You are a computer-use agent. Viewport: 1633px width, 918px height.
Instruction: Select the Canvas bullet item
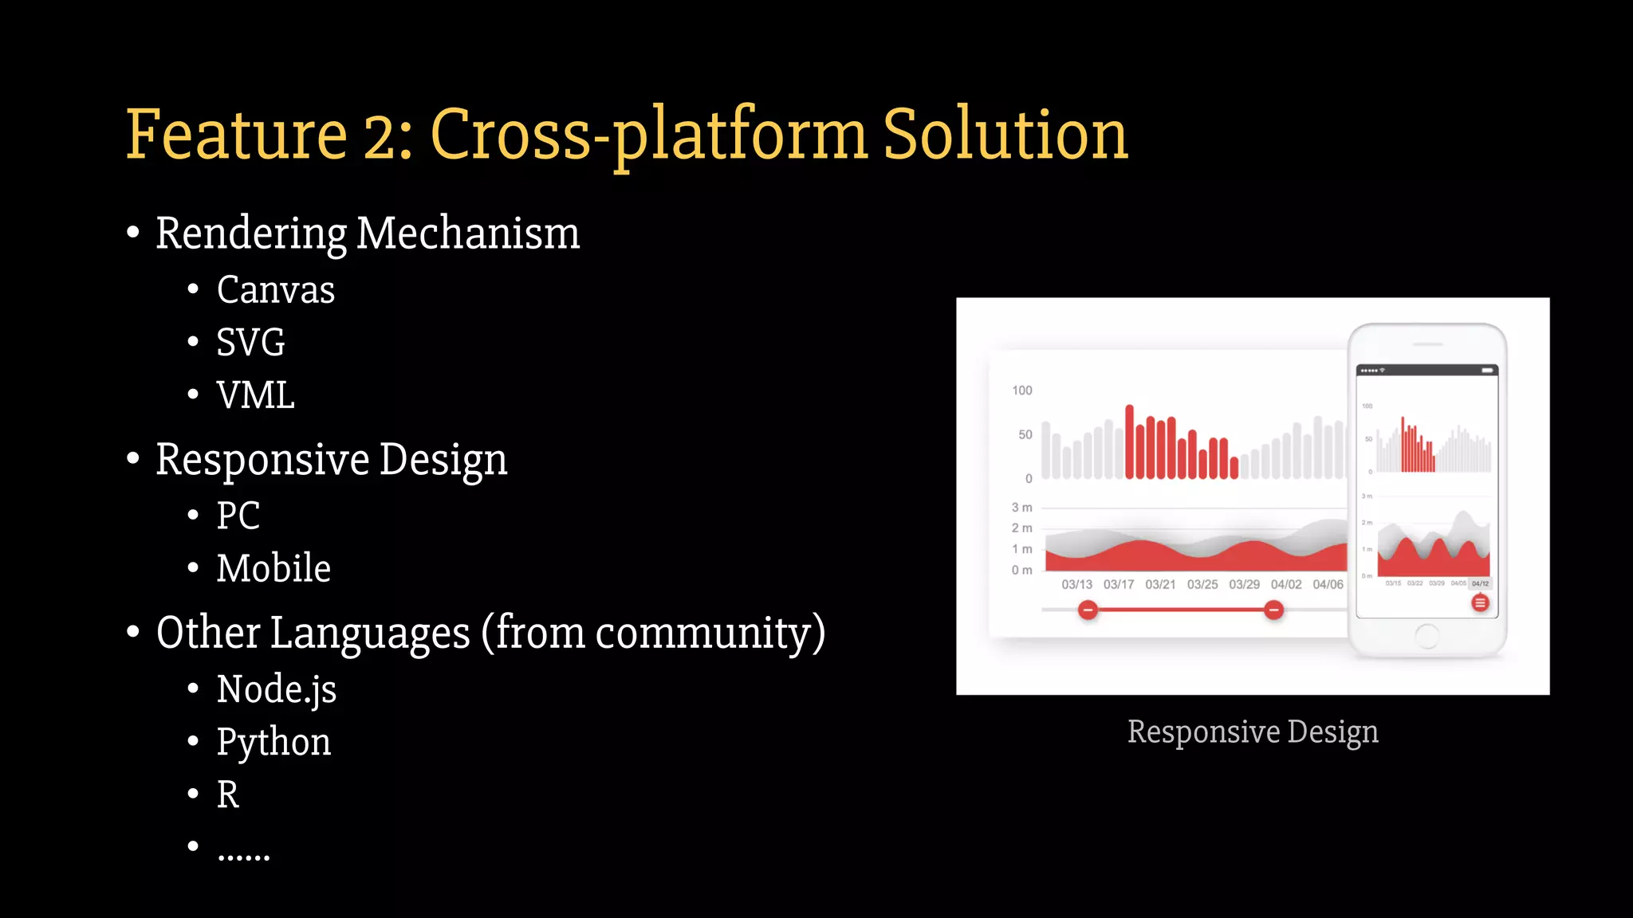pyautogui.click(x=275, y=289)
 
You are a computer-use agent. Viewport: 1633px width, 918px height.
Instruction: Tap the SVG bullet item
pyautogui.click(x=250, y=343)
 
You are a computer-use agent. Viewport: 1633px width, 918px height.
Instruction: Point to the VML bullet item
pyautogui.click(x=255, y=395)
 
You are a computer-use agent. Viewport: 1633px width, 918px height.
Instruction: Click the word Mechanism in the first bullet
pyautogui.click(x=468, y=233)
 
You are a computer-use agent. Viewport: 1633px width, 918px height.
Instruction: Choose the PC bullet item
pyautogui.click(x=238, y=516)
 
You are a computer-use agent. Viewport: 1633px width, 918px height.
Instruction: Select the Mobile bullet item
pyautogui.click(x=273, y=568)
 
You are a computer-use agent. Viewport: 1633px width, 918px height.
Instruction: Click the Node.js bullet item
pyautogui.click(x=276, y=689)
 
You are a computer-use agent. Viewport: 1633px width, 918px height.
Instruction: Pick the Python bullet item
pyautogui.click(x=273, y=742)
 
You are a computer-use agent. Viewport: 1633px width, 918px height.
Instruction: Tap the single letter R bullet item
pyautogui.click(x=227, y=794)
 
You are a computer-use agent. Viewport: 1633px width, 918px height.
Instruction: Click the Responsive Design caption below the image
pyautogui.click(x=1252, y=732)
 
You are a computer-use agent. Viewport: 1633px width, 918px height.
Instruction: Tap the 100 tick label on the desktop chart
pyautogui.click(x=1021, y=390)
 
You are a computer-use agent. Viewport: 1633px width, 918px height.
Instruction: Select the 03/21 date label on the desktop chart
pyautogui.click(x=1160, y=584)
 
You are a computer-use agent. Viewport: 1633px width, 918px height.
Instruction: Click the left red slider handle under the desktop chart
pyautogui.click(x=1088, y=610)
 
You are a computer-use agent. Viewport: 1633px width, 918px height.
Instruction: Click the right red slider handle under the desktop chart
pyautogui.click(x=1273, y=610)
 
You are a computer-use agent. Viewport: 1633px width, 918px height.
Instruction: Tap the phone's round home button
pyautogui.click(x=1426, y=636)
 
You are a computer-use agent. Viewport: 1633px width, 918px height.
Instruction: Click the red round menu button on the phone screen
pyautogui.click(x=1480, y=603)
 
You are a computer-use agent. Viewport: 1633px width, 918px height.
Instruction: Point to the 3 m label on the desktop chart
pyautogui.click(x=1021, y=508)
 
